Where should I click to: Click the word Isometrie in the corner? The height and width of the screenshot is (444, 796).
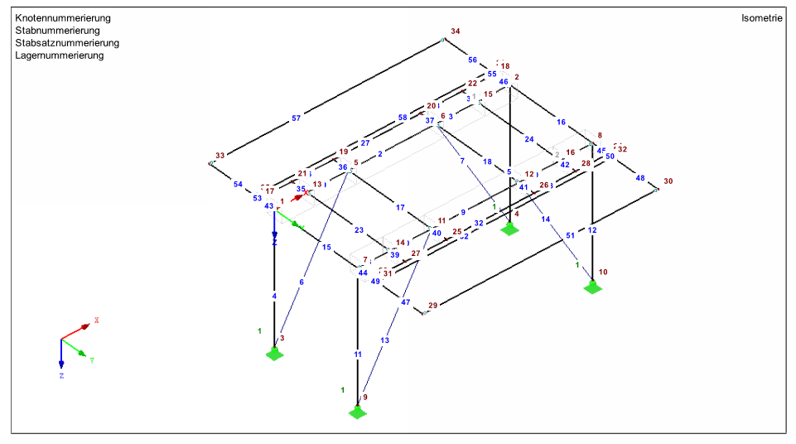pyautogui.click(x=762, y=17)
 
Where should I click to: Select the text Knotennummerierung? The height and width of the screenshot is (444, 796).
pyautogui.click(x=62, y=17)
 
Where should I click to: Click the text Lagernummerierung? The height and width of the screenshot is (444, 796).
pyautogui.click(x=59, y=55)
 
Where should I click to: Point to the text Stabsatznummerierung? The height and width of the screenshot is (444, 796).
pyautogui.click(x=66, y=43)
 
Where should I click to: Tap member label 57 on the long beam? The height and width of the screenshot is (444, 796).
pyautogui.click(x=296, y=118)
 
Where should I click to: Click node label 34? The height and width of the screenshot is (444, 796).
pyautogui.click(x=455, y=31)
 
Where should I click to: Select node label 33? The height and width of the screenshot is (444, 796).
pyautogui.click(x=220, y=156)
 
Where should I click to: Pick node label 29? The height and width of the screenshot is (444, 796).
pyautogui.click(x=432, y=306)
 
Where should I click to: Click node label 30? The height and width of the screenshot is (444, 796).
pyautogui.click(x=668, y=181)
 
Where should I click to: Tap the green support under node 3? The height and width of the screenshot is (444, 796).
pyautogui.click(x=274, y=355)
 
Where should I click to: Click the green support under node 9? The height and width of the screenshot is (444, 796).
pyautogui.click(x=358, y=412)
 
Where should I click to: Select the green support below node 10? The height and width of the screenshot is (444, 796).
pyautogui.click(x=592, y=287)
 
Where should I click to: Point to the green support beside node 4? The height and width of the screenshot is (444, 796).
pyautogui.click(x=509, y=229)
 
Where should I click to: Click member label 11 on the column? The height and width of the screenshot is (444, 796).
pyautogui.click(x=358, y=355)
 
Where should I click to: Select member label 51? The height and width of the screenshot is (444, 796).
pyautogui.click(x=570, y=236)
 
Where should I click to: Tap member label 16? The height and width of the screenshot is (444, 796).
pyautogui.click(x=561, y=122)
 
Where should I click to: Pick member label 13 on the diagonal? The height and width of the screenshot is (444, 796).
pyautogui.click(x=384, y=340)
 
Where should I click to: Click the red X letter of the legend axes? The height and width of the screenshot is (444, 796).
pyautogui.click(x=97, y=320)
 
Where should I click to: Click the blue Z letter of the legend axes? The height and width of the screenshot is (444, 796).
pyautogui.click(x=61, y=375)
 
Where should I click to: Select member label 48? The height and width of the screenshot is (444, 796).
pyautogui.click(x=639, y=178)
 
